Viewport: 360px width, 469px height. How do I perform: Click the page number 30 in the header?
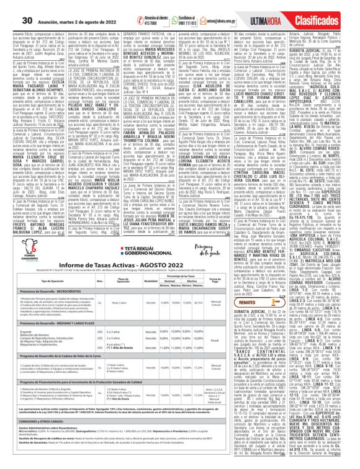tap(9, 7)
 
